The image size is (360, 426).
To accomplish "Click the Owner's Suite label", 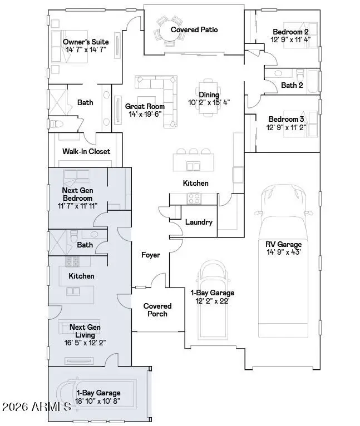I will pyautogui.click(x=85, y=42).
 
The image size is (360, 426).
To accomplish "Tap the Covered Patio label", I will pyautogui.click(x=194, y=29).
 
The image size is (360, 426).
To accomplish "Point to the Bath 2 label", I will pyautogui.click(x=292, y=85).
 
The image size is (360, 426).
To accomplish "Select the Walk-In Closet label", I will pyautogui.click(x=86, y=151).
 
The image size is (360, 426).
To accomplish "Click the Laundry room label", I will pyautogui.click(x=199, y=222).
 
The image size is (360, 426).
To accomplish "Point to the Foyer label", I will pyautogui.click(x=151, y=255).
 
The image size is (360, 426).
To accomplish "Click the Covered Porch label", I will pyautogui.click(x=157, y=310).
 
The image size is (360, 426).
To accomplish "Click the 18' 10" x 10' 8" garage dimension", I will pyautogui.click(x=98, y=400).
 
